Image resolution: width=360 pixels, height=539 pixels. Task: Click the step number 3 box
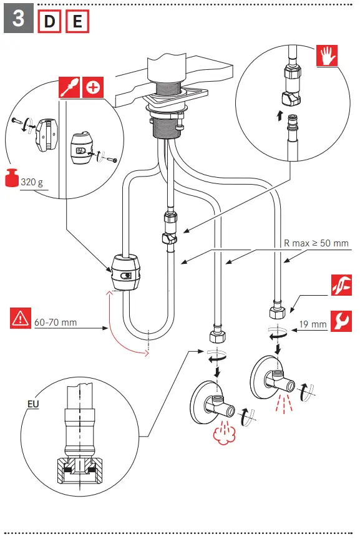18,19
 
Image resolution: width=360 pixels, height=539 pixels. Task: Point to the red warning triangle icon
21,319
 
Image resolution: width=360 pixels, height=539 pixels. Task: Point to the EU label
34,404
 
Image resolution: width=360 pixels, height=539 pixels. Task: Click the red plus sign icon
92,87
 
